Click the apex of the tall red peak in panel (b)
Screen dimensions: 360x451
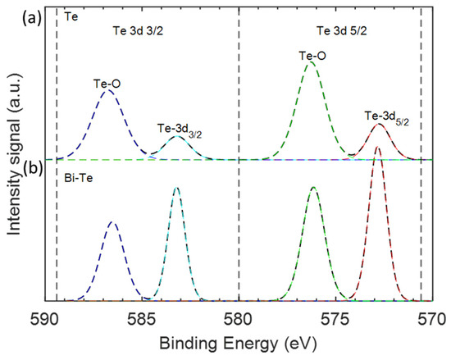click(x=378, y=148)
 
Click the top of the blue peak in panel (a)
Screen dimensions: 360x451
click(x=107, y=90)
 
